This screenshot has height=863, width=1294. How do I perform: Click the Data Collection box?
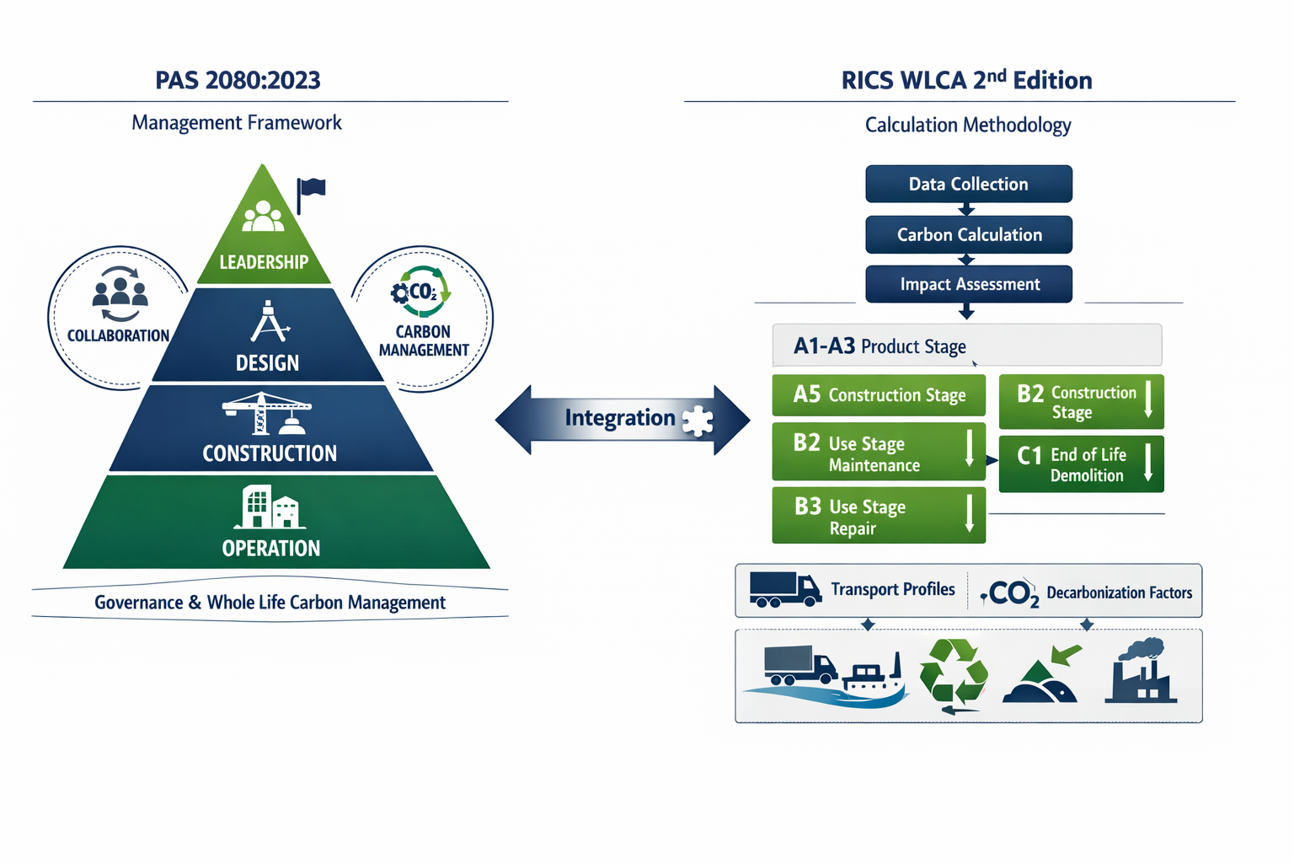click(968, 184)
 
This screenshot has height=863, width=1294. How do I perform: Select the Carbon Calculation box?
click(968, 234)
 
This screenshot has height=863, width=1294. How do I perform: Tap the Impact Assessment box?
click(968, 284)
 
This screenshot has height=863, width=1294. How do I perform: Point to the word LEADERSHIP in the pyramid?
click(264, 262)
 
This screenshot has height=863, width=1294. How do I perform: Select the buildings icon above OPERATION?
click(270, 507)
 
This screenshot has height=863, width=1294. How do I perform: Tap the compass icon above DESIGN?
click(269, 322)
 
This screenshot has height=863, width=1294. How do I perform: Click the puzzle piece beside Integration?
click(698, 420)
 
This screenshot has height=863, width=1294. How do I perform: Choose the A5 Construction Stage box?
click(878, 395)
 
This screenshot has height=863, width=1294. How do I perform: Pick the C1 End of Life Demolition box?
click(1081, 464)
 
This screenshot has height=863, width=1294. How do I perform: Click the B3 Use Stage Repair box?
click(878, 517)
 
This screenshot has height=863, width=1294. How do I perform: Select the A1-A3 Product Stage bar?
click(966, 346)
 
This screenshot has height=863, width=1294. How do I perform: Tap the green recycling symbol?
click(954, 674)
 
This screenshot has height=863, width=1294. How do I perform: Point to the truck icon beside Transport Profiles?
click(784, 589)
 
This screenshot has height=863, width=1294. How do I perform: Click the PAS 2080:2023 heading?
click(238, 80)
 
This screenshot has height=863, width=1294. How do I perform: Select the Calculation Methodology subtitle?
click(967, 125)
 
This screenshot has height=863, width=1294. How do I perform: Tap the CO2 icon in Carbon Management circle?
click(421, 292)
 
